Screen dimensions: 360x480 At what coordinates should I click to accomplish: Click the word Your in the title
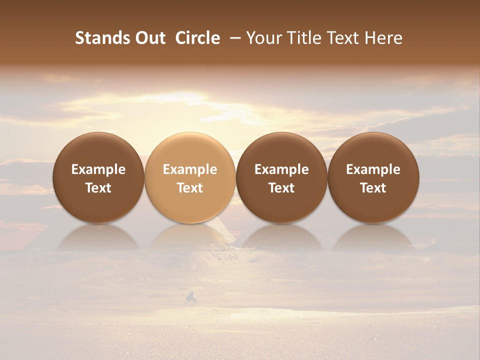tap(262, 38)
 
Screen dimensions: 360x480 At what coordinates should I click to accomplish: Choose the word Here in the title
tap(384, 38)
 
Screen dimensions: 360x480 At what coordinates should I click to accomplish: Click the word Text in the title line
tap(343, 38)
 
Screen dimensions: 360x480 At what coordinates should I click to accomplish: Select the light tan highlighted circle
tap(190, 177)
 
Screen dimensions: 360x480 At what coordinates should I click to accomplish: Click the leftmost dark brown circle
tap(98, 177)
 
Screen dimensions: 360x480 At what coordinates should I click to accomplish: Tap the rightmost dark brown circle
tap(373, 177)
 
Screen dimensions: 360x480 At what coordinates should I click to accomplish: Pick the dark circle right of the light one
tap(281, 177)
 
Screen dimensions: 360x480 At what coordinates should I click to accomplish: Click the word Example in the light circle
tap(190, 169)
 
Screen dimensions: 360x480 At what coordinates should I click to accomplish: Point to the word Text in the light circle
tap(190, 188)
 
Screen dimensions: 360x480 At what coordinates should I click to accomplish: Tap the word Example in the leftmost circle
tap(98, 169)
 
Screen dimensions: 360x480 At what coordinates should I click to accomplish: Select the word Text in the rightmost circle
tap(373, 188)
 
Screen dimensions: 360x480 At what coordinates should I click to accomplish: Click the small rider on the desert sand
tap(191, 299)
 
